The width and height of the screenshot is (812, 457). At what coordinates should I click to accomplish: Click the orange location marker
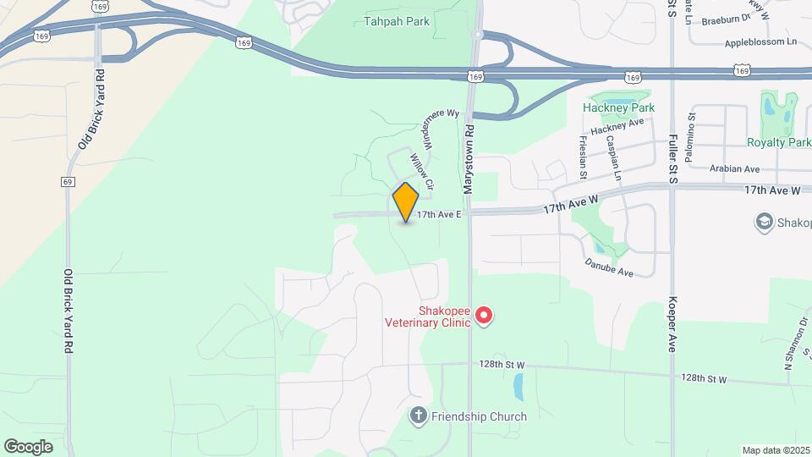pos(406,202)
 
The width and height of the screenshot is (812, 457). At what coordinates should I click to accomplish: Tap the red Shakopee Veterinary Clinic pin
pos(484,316)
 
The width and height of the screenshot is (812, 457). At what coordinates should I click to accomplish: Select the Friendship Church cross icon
pos(418,416)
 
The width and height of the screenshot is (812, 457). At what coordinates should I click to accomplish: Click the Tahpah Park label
pos(396,21)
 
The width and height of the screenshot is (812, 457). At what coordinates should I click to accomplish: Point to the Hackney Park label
pos(619,108)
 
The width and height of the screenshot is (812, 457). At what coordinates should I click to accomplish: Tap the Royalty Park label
pos(778,142)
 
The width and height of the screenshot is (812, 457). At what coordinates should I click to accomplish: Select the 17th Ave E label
pos(439,215)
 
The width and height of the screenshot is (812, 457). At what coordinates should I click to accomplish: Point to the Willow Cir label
pos(421,171)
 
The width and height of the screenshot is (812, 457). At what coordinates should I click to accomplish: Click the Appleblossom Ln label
pos(760,42)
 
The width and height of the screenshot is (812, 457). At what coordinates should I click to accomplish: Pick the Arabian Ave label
pos(734,169)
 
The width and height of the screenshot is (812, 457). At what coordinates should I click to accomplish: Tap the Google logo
pos(28,446)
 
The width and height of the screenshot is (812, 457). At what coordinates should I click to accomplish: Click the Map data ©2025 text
pos(776,450)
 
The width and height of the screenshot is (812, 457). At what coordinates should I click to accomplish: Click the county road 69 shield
pos(67,181)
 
